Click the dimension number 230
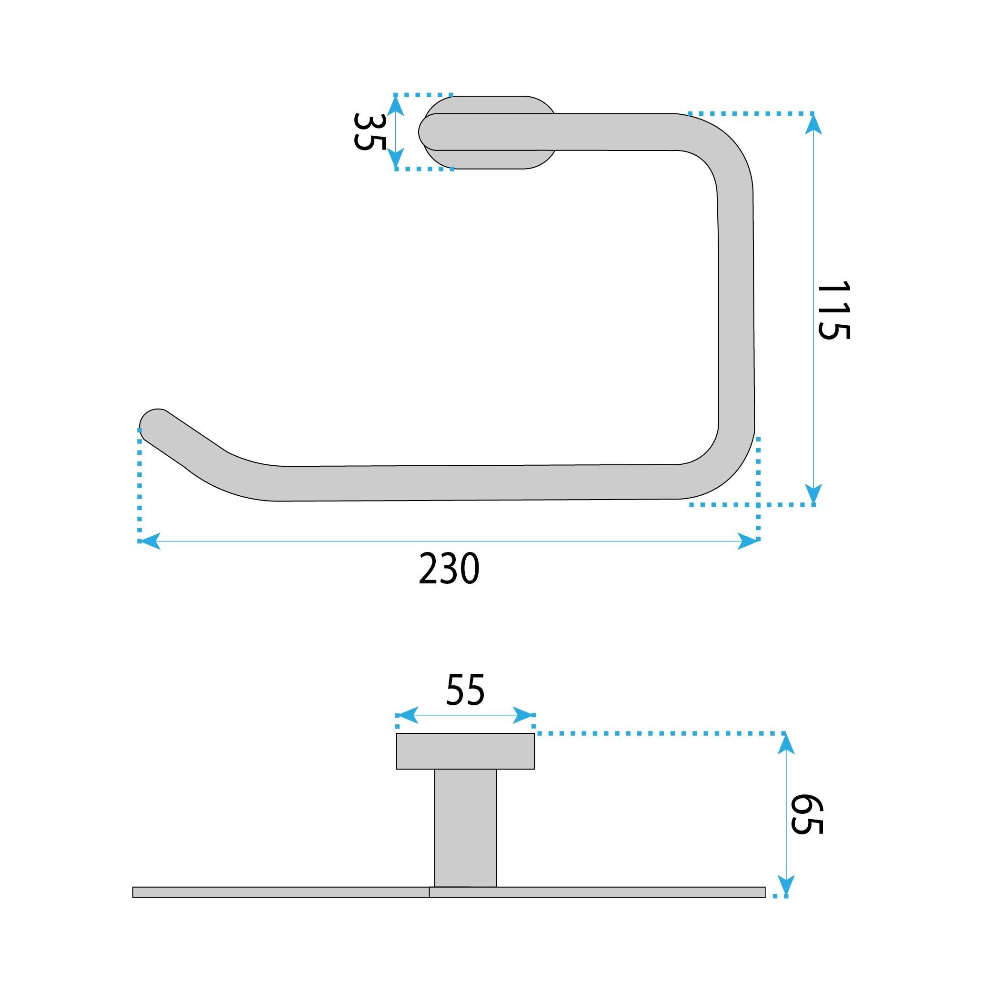click(449, 570)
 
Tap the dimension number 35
click(369, 131)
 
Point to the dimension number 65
click(806, 814)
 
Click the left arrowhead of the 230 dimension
click(150, 541)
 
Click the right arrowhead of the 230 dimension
click(749, 541)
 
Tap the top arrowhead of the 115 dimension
click(813, 123)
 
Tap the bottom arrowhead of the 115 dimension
click(813, 494)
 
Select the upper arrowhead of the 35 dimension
click(395, 105)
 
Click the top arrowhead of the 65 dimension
click(786, 744)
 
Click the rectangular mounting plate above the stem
click(465, 751)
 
